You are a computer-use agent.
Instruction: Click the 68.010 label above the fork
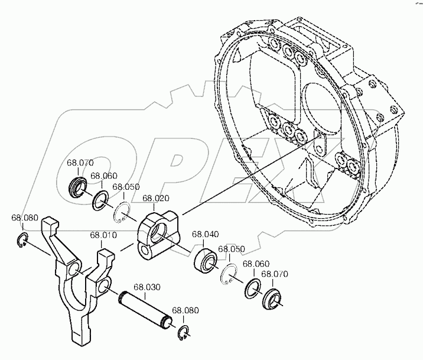pos(103,235)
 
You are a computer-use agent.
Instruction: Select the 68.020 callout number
pos(156,199)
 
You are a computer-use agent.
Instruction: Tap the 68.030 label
pos(147,287)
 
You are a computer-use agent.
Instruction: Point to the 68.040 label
pos(205,234)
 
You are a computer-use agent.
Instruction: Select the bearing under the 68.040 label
pos(206,261)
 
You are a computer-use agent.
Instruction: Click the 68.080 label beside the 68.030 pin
pos(186,310)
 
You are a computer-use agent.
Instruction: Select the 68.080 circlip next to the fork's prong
pos(22,239)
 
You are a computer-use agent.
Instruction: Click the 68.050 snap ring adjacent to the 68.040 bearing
pos(228,274)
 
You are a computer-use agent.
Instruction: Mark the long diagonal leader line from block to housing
pos(250,176)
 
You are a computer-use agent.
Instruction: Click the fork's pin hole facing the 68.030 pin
pos(103,286)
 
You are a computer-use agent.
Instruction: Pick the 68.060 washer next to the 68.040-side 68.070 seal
pos(253,288)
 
